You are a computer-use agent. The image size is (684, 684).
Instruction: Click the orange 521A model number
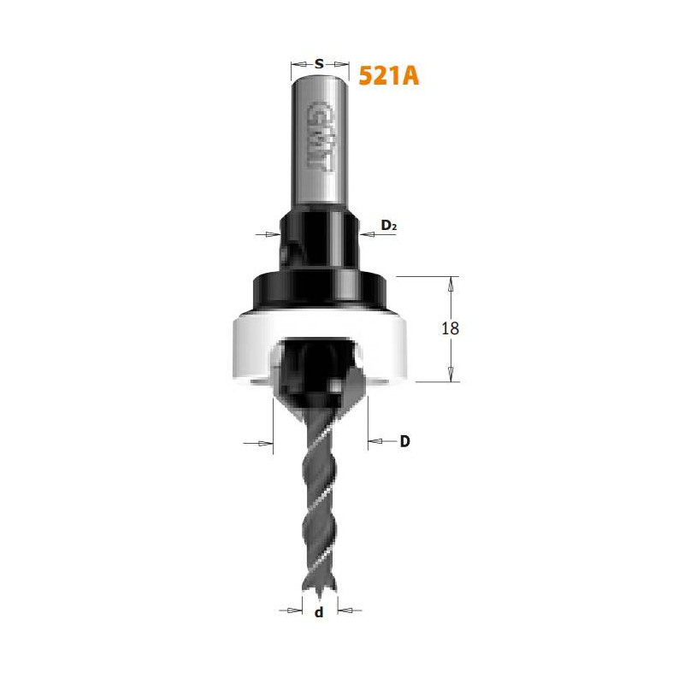pos(389,76)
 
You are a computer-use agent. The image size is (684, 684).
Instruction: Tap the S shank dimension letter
pos(319,64)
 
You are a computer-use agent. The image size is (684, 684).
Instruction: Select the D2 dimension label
pos(389,225)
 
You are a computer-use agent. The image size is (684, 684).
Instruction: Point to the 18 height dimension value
pos(451,328)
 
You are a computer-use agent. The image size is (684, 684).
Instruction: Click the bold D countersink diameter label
pos(404,441)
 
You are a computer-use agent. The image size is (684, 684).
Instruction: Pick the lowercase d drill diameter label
pos(319,612)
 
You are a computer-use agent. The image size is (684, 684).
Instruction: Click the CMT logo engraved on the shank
pos(320,136)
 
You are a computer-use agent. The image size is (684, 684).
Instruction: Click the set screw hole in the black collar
pos(286,254)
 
